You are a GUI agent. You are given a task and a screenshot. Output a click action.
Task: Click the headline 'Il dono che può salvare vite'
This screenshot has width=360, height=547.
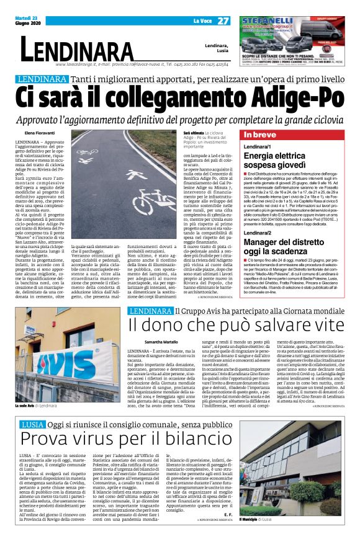(235, 325)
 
